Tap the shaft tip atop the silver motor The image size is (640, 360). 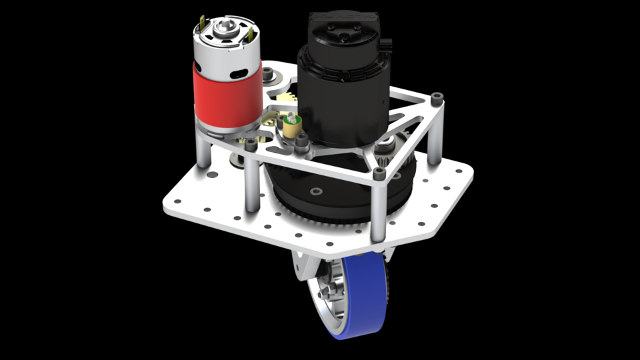tap(225, 26)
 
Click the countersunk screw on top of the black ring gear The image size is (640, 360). tap(315, 191)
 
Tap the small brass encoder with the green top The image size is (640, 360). tap(291, 125)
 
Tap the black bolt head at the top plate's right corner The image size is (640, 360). tap(437, 99)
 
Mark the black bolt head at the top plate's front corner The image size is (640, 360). tap(379, 173)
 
